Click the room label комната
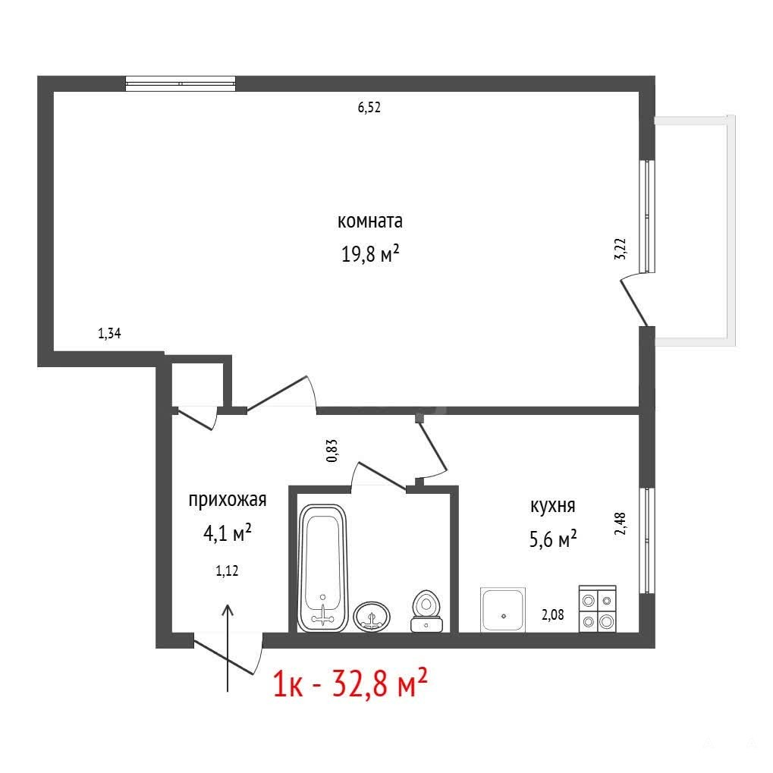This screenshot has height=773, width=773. click(369, 221)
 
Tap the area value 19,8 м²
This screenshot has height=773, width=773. click(369, 254)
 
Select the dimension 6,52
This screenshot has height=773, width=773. click(369, 107)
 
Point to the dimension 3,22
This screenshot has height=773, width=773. click(621, 249)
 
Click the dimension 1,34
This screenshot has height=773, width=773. click(109, 333)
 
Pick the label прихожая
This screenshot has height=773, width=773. click(228, 500)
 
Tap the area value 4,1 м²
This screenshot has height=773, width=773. click(228, 533)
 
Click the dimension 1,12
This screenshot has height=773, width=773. click(227, 570)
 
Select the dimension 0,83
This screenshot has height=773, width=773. click(332, 450)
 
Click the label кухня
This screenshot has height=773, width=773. click(553, 506)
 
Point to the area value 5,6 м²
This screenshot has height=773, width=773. click(553, 539)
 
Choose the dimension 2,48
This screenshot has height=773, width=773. click(621, 523)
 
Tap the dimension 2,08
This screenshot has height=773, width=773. click(553, 614)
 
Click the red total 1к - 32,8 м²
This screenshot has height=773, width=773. click(350, 683)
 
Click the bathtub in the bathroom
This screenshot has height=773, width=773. click(322, 567)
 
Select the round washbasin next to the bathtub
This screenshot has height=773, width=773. click(372, 616)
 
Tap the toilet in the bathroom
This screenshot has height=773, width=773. click(426, 611)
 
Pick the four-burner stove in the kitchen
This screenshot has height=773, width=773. click(598, 608)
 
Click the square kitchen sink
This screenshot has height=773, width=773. click(503, 609)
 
